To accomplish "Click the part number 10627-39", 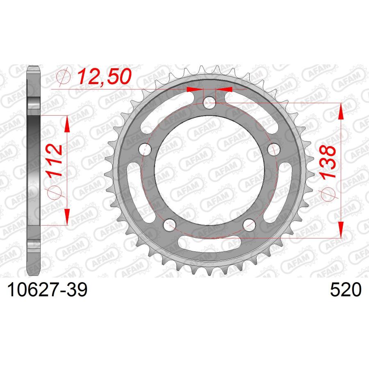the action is click(x=48, y=290).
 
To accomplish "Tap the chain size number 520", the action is click(x=346, y=290).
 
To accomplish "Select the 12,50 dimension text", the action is click(x=104, y=76).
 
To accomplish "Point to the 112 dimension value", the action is click(x=55, y=160).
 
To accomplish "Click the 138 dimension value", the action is click(x=328, y=163).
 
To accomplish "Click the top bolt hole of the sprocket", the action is click(x=209, y=103).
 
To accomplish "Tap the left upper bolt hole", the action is click(x=145, y=149).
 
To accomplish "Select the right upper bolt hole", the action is click(x=274, y=149).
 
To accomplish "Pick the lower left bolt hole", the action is click(x=169, y=225).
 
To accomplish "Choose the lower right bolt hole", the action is click(x=249, y=225).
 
